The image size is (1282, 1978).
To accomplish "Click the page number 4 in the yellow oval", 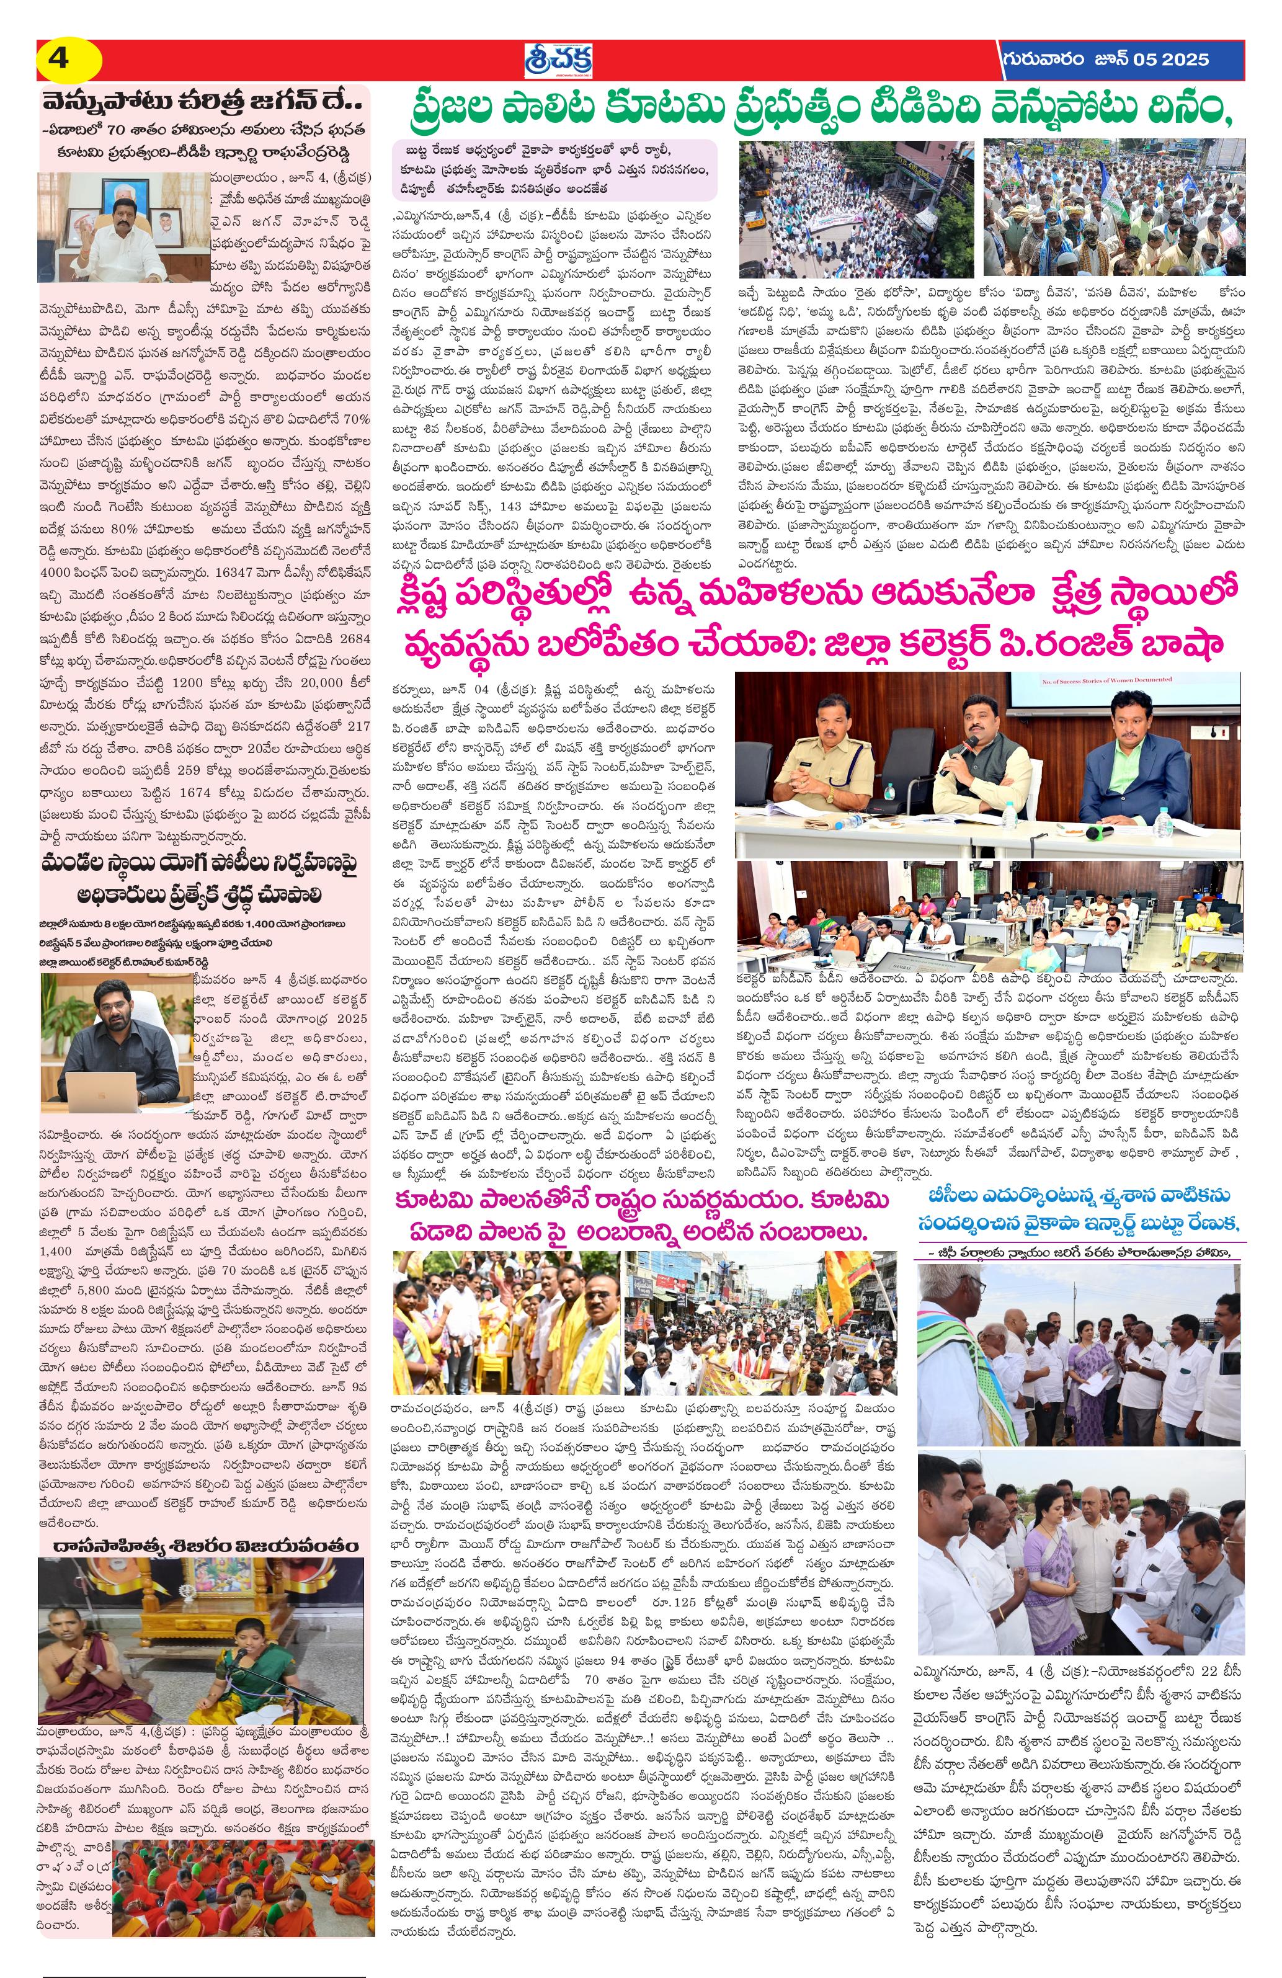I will [60, 60].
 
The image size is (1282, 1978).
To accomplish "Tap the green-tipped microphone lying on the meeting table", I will [1105, 831].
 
